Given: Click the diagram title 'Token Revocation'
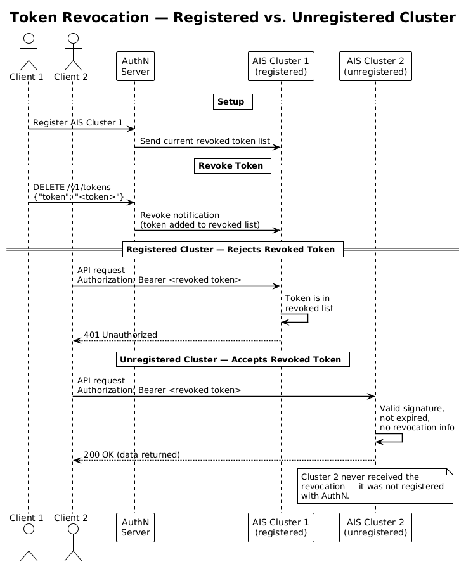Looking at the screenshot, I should (x=233, y=18).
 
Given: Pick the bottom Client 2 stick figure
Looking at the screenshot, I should (x=72, y=541).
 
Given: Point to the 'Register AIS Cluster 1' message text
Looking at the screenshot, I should (x=78, y=122).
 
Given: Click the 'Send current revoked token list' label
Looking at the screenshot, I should (x=205, y=140).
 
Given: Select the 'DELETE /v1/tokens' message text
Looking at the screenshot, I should (x=72, y=187).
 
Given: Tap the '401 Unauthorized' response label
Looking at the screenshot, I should (x=120, y=335).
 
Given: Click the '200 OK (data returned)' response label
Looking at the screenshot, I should (x=132, y=455).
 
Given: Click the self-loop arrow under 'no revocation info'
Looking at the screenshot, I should (x=391, y=438).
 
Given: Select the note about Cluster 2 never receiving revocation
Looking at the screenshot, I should (x=375, y=487).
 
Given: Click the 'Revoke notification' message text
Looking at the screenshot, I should (x=180, y=215).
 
